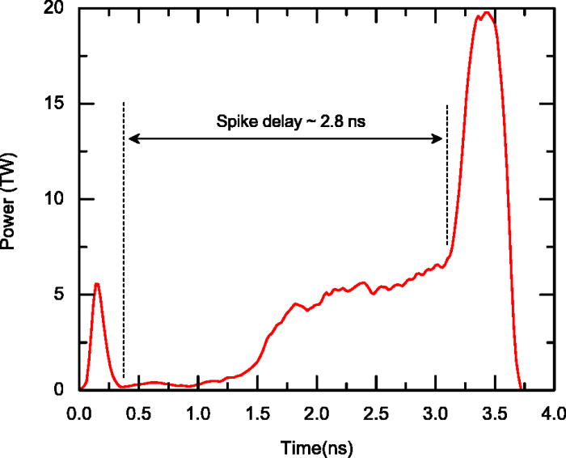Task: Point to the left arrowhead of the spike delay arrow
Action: point(133,139)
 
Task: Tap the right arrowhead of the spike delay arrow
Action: point(441,139)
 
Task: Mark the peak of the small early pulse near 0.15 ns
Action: point(97,283)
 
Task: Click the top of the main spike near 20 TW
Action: point(486,13)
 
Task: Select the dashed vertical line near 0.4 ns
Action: point(123,243)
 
